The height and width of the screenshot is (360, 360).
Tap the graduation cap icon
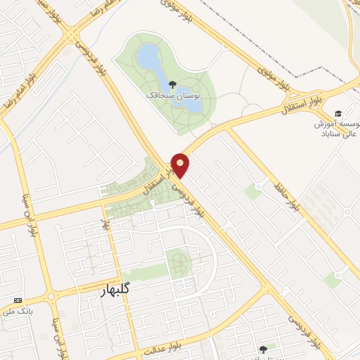pos(338,114)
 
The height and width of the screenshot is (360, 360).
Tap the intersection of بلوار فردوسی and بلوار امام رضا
pos(71,32)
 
